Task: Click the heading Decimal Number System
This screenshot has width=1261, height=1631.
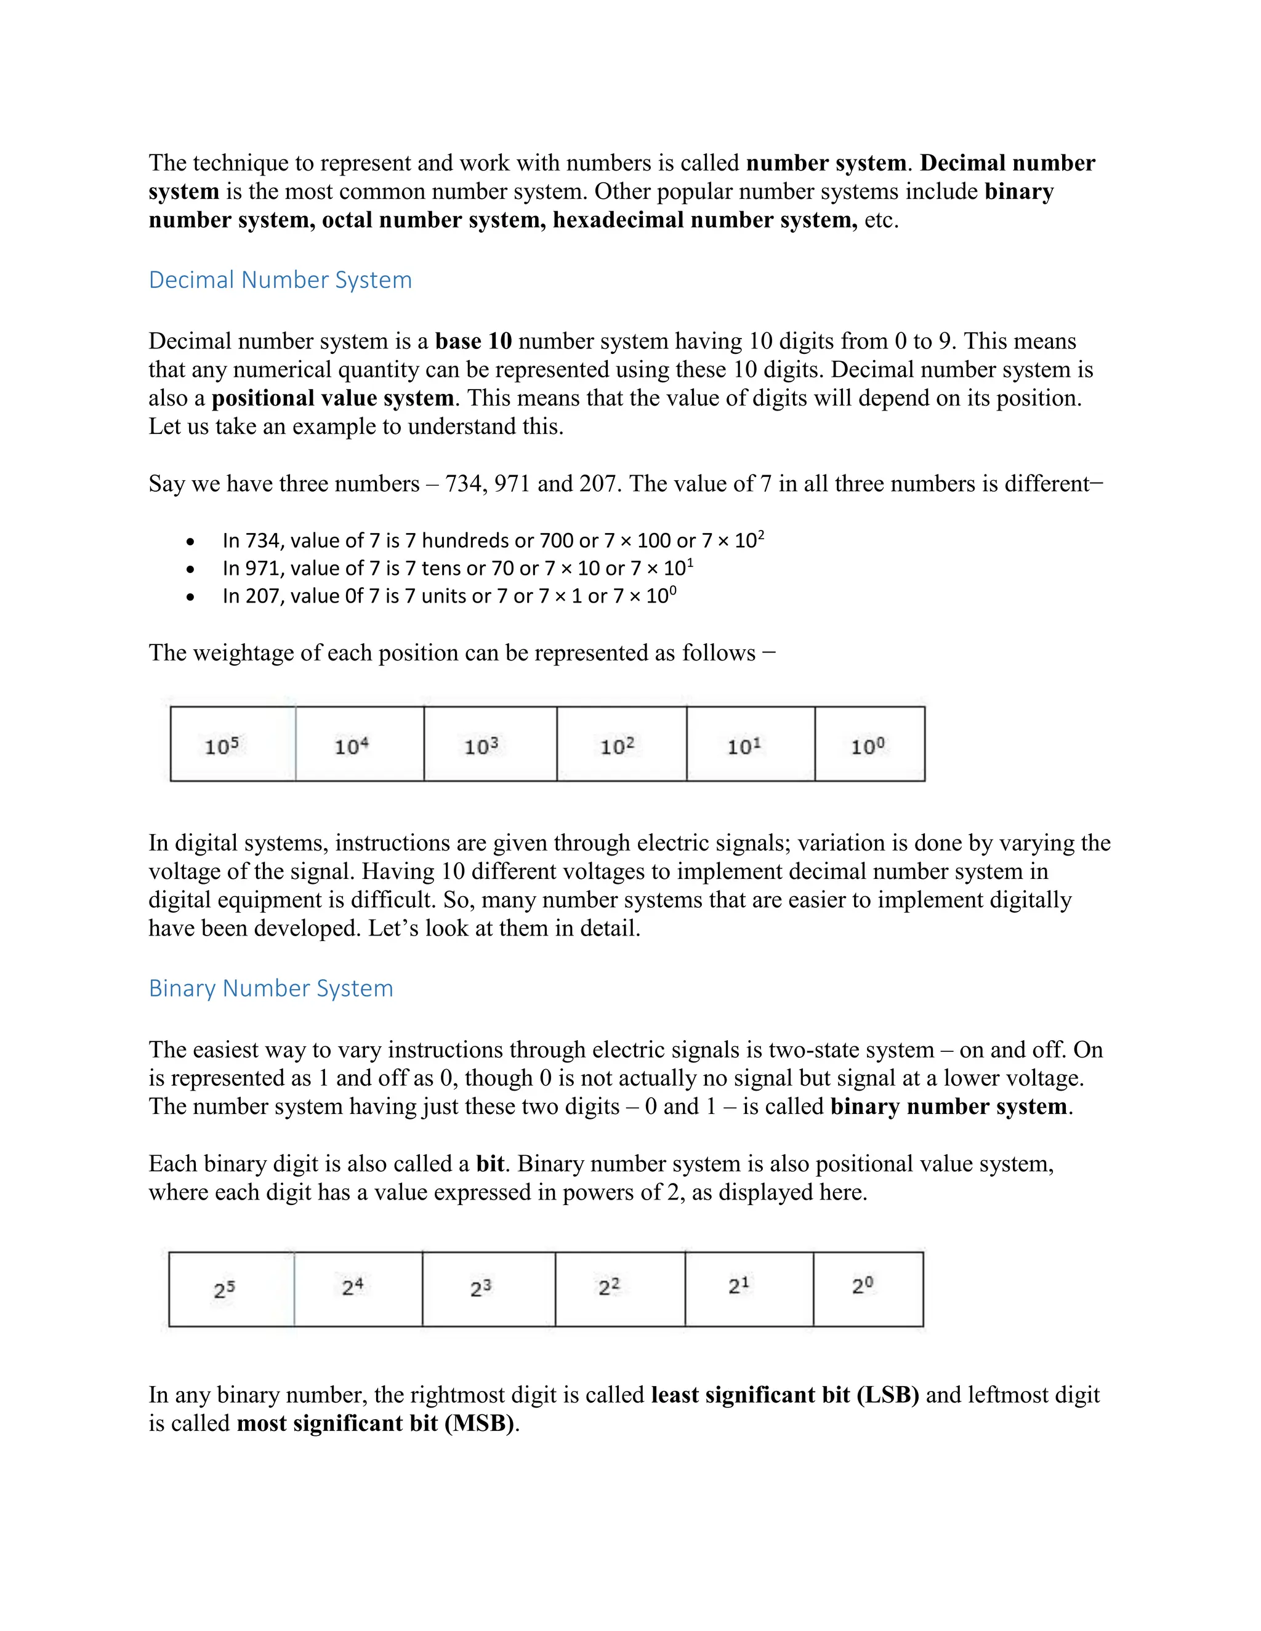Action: (x=280, y=280)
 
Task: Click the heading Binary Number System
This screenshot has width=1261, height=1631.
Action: (x=270, y=988)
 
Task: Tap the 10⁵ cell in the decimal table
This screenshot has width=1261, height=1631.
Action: (x=232, y=745)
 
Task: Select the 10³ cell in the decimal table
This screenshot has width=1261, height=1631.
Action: (x=490, y=745)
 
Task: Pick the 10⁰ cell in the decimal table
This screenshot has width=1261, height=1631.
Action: (x=869, y=745)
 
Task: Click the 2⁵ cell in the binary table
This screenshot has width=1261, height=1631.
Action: (x=231, y=1289)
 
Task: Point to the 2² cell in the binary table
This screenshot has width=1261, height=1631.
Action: (x=619, y=1289)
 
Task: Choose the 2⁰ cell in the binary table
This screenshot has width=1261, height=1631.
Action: (x=868, y=1289)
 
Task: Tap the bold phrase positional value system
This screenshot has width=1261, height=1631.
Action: (x=332, y=398)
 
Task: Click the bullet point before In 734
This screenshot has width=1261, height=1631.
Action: (x=191, y=542)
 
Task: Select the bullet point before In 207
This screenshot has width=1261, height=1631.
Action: (x=191, y=598)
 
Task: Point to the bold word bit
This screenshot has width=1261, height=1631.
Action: (x=490, y=1164)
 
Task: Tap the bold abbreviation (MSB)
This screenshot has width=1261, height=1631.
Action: (x=479, y=1424)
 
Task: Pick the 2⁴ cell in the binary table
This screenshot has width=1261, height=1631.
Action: (x=358, y=1289)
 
